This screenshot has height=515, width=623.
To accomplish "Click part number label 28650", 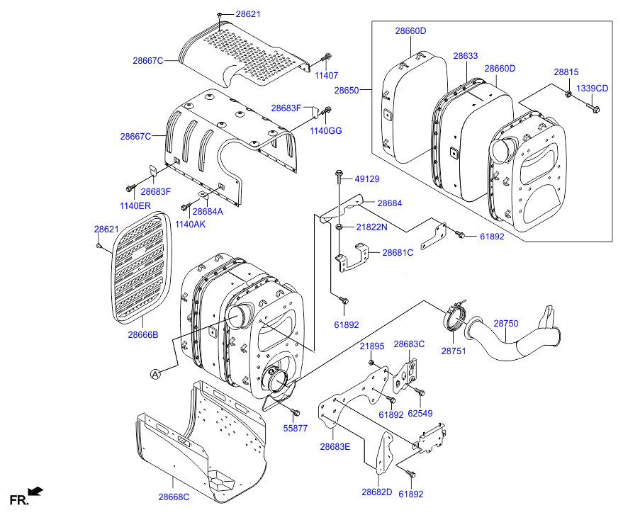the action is coord(347,90).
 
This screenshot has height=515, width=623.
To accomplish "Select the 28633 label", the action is coord(466,56).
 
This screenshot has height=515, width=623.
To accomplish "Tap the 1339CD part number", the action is coord(592,88).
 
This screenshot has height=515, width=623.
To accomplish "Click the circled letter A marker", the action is coord(155,374).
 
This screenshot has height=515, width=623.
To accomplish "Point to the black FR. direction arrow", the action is coord(36,491).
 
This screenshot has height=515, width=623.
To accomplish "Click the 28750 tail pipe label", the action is coord(506,324).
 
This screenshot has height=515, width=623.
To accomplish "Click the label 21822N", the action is coord(371,227).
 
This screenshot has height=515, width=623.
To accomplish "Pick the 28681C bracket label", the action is coord(398,252).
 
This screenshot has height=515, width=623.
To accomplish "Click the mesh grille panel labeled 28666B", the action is coord(142,268).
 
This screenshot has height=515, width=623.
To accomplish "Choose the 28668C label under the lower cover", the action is coord(174,497).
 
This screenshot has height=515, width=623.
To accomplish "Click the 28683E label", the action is coord(335,447).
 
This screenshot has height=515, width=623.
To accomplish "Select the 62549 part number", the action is coord(420,414).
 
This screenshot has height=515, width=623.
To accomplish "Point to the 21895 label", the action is coord(372,346).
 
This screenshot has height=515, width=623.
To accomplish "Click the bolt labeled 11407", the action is coord(326,59).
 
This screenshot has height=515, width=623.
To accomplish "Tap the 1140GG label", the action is coord(326,131).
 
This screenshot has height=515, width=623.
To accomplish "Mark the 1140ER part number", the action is coord(135,205).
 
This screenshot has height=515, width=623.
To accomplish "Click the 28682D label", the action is coord(376,492).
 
